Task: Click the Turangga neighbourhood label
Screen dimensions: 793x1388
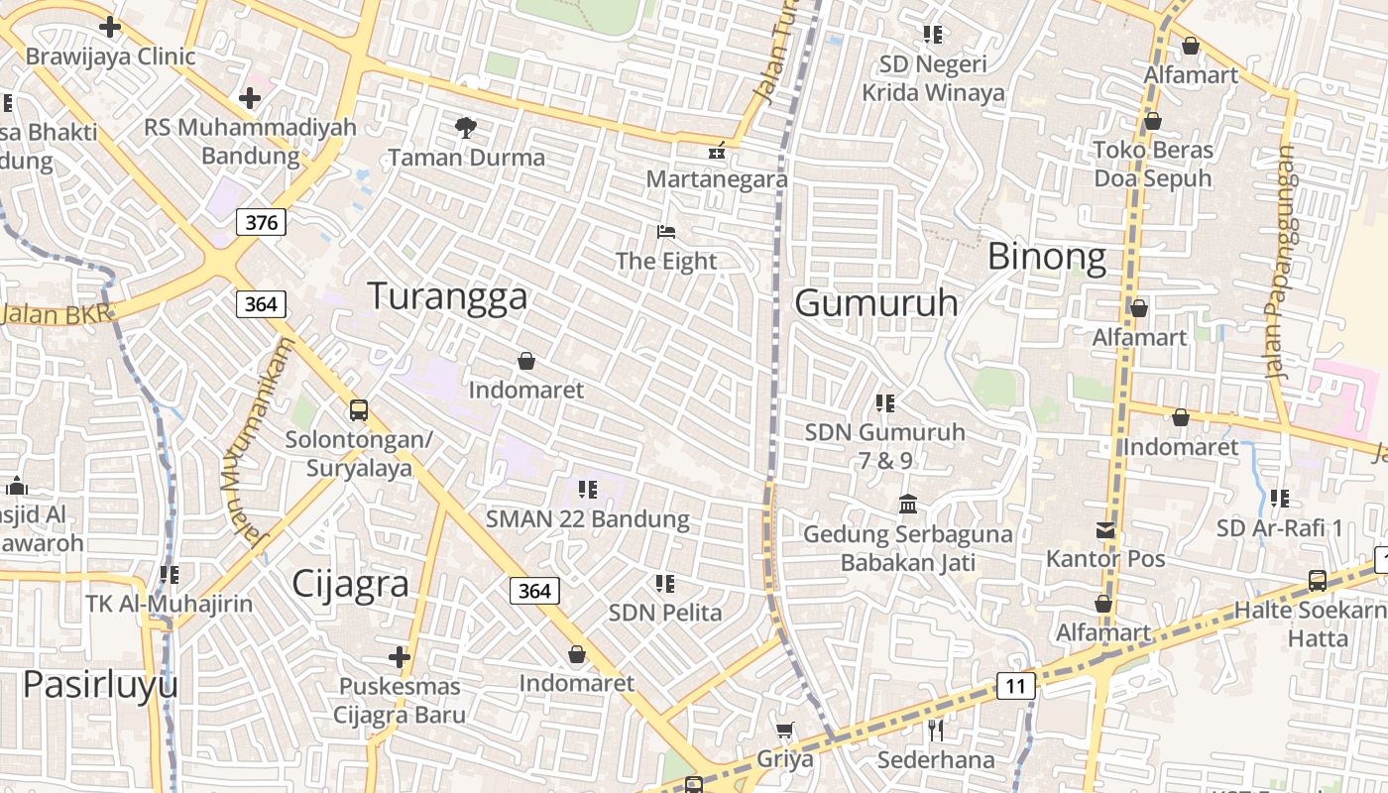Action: click(447, 296)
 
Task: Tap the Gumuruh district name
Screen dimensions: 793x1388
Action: click(876, 303)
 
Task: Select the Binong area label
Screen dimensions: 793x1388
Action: click(1047, 258)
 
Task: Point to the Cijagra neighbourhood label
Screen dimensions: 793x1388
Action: click(350, 585)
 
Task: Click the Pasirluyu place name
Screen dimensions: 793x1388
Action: click(100, 685)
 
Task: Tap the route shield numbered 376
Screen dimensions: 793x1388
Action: click(261, 222)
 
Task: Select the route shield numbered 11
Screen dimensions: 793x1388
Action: click(1015, 686)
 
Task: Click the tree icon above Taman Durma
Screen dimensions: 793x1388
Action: click(465, 127)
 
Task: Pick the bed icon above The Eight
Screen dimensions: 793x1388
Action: click(666, 232)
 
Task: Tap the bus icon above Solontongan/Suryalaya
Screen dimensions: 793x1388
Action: click(359, 409)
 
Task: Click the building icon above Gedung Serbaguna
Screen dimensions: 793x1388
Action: click(907, 505)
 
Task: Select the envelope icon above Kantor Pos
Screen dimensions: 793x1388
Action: click(1105, 530)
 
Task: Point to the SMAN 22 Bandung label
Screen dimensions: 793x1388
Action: click(587, 518)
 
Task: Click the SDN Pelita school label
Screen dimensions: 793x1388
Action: click(665, 613)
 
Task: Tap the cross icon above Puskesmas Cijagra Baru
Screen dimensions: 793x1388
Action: click(400, 656)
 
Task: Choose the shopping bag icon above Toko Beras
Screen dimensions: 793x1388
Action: click(1152, 121)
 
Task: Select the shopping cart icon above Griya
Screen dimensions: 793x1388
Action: click(784, 731)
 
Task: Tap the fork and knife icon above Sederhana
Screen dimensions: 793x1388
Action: click(935, 731)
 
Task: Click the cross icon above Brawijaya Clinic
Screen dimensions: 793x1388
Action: click(110, 27)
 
